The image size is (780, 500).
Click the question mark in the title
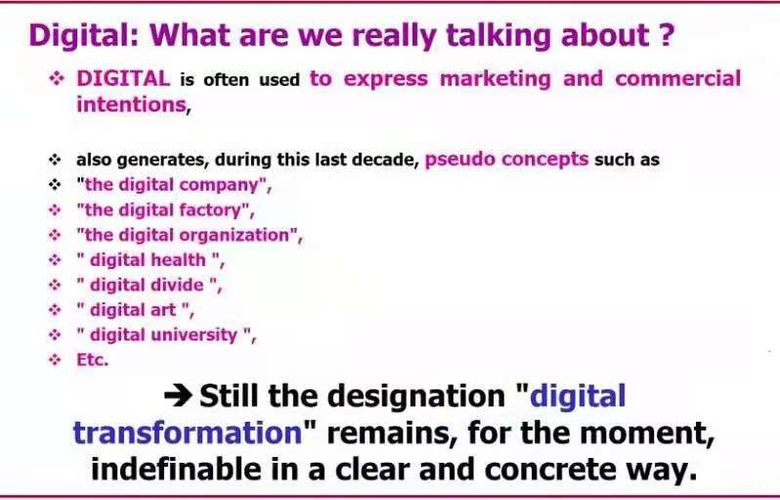[x=666, y=34]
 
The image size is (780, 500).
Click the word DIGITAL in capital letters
[x=123, y=78]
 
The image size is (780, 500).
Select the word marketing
[x=496, y=79]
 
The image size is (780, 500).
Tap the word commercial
[x=678, y=78]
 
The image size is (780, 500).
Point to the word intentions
[x=131, y=105]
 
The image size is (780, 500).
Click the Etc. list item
[x=93, y=359]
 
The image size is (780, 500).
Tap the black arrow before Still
[x=178, y=396]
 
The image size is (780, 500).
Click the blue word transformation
[x=188, y=432]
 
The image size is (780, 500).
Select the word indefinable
[x=176, y=469]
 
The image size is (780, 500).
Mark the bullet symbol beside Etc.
[x=55, y=359]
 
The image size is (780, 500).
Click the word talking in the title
[x=498, y=36]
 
